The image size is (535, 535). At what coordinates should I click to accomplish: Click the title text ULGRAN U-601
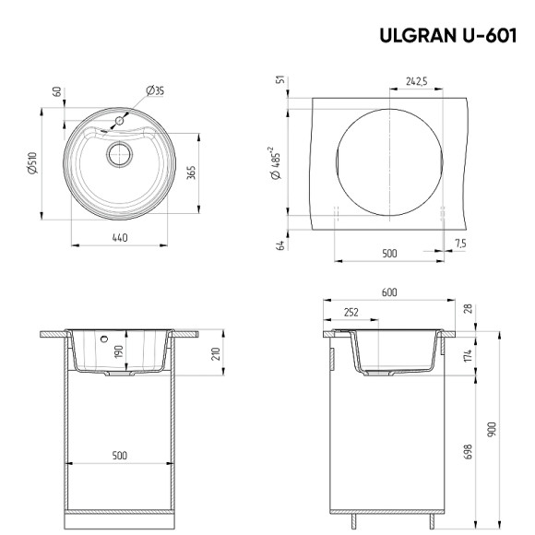pos(446,36)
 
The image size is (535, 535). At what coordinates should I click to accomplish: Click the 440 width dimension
pos(118,238)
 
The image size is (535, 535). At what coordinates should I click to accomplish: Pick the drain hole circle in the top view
pos(117,153)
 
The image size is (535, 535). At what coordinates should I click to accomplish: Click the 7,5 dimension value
pos(460,243)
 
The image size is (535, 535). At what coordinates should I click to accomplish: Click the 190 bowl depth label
pos(118,351)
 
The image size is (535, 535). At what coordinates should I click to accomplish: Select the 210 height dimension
pos(215,354)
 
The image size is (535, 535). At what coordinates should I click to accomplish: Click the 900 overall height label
pos(492,428)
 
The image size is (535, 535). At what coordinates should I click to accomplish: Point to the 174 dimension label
pos(468,354)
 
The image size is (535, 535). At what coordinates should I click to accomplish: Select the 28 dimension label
pos(468,311)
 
